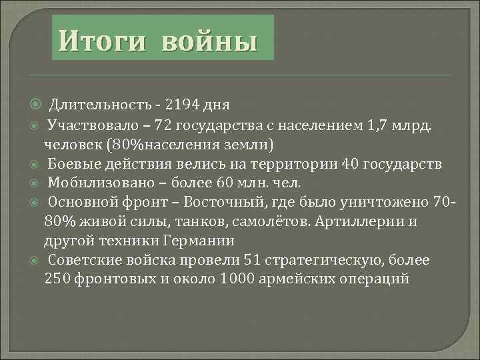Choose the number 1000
244,279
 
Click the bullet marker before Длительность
35,105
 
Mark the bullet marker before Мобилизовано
35,183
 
